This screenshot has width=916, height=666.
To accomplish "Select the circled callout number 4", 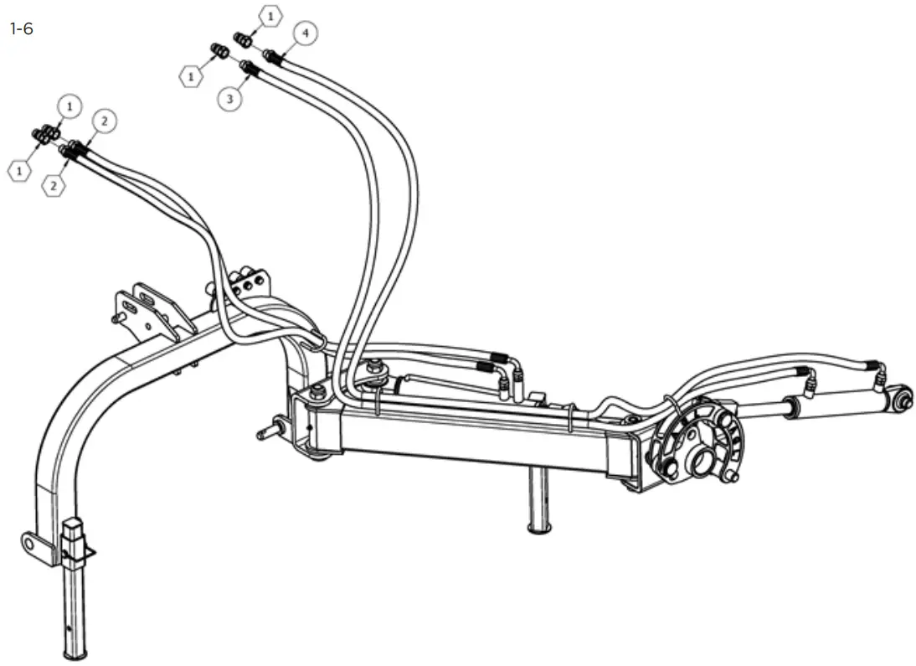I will coord(306,34).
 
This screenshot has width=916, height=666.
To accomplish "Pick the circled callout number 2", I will coord(105,121).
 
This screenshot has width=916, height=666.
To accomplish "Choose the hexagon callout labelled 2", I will coord(54,185).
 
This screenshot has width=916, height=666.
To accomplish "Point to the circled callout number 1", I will coord(69,106).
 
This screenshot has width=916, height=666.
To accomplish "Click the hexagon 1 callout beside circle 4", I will coord(270,16).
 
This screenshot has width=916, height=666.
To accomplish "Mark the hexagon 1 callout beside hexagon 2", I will coord(18,170).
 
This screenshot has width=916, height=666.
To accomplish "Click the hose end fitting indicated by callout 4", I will coord(272,56).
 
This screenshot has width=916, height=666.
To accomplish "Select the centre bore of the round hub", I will coord(702,461).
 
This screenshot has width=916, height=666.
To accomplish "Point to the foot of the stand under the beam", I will coord(536,526).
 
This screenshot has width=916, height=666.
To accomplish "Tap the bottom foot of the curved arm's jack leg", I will coord(76,651).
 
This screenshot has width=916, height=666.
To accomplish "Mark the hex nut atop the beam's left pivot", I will coord(318,392).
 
